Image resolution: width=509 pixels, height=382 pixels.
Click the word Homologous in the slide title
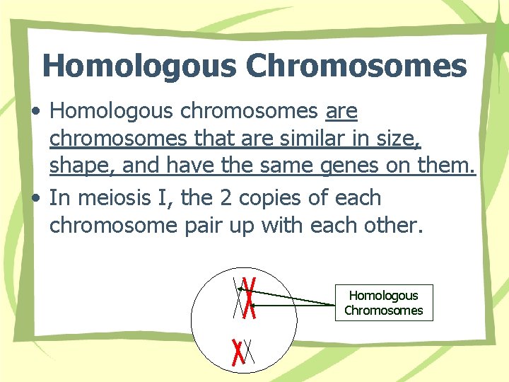[x=139, y=66]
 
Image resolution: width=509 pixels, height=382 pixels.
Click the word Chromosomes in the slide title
[x=356, y=66]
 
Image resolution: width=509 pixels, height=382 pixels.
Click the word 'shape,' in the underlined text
[x=81, y=168]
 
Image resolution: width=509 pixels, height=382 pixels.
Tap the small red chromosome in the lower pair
[x=239, y=352]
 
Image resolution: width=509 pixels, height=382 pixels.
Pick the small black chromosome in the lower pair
[x=250, y=352]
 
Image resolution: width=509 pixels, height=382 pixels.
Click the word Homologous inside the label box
[x=384, y=296]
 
